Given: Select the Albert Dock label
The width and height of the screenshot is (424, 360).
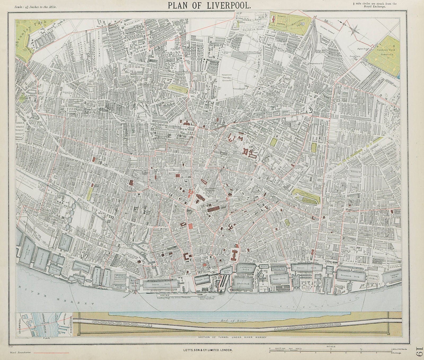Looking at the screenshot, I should (x=243, y=284).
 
